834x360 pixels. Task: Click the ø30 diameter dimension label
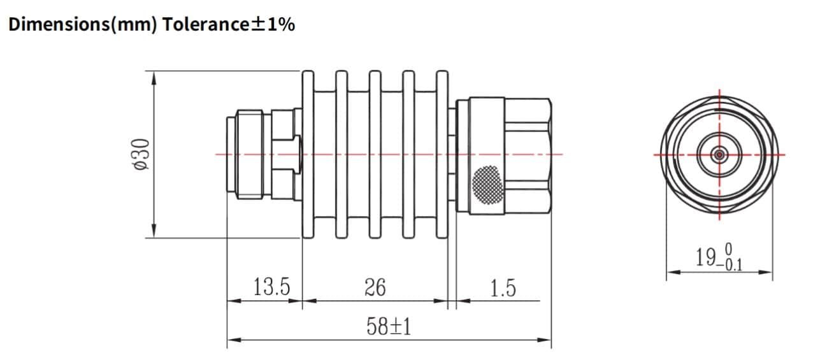tap(142, 154)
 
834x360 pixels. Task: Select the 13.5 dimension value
tap(271, 288)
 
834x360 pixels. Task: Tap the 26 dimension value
tap(375, 288)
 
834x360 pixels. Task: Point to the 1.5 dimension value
tap(503, 289)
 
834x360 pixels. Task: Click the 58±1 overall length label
tap(389, 328)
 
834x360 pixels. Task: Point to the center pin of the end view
tap(719, 154)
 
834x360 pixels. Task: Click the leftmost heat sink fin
tap(309, 154)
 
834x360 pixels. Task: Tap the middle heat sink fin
tap(375, 154)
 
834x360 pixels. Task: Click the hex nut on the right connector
tap(528, 154)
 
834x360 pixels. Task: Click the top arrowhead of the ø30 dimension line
tap(154, 76)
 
